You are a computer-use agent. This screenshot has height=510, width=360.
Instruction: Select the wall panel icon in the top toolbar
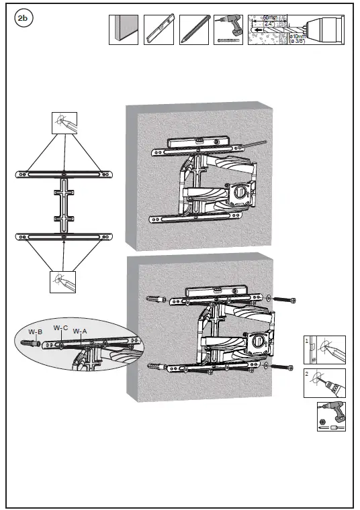tap(124, 30)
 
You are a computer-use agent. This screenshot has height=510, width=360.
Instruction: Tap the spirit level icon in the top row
tap(159, 30)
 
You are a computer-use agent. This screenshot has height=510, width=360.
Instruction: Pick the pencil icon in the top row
tap(193, 30)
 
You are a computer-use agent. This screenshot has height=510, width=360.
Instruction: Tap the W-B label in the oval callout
tap(35, 331)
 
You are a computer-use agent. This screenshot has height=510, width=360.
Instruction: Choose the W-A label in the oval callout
tap(80, 331)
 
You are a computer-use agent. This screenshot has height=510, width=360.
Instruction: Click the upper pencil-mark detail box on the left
tap(64, 123)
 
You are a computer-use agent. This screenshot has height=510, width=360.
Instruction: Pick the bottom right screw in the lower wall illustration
tap(281, 367)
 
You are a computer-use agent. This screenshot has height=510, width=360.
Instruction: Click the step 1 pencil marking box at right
tap(324, 350)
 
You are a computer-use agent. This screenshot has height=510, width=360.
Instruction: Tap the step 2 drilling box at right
tap(324, 382)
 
